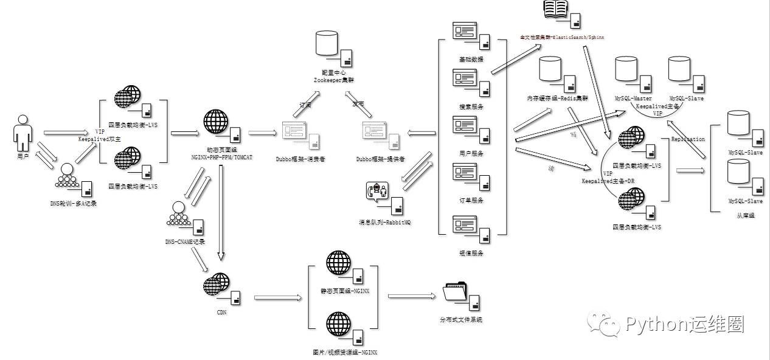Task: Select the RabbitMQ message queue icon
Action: [x=378, y=192]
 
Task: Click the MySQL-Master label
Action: [x=633, y=98]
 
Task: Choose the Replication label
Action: [x=688, y=139]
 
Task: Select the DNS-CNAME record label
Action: [x=185, y=241]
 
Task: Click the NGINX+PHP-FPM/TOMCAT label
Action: [x=221, y=157]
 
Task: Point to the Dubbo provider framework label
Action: [x=381, y=159]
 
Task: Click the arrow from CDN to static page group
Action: [x=277, y=297]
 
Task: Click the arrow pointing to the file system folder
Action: [x=411, y=296]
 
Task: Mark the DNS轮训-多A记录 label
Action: [x=72, y=203]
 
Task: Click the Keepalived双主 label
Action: [x=100, y=139]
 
